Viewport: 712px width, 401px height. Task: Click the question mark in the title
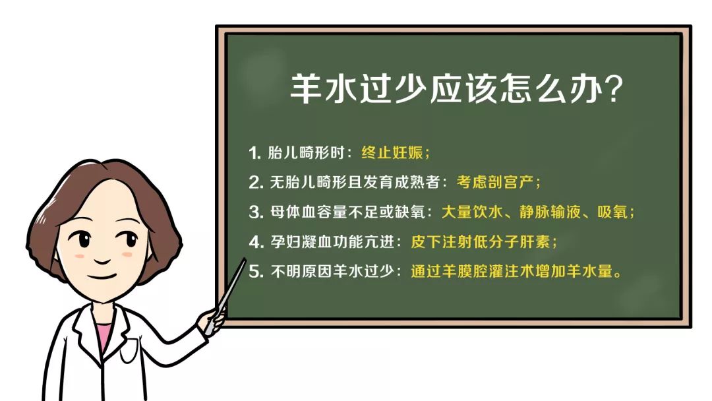pyautogui.click(x=613, y=90)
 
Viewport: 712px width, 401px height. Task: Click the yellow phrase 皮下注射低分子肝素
pyautogui.click(x=483, y=241)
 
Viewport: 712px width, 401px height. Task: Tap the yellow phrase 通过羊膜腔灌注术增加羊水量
pyautogui.click(x=512, y=271)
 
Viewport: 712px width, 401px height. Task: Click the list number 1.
pyautogui.click(x=254, y=153)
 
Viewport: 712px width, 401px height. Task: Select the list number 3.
pyautogui.click(x=255, y=212)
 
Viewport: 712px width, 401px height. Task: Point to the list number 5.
pyautogui.click(x=255, y=271)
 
